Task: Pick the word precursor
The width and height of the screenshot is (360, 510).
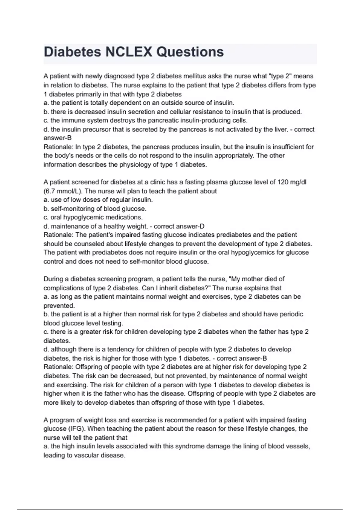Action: pos(96,129)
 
